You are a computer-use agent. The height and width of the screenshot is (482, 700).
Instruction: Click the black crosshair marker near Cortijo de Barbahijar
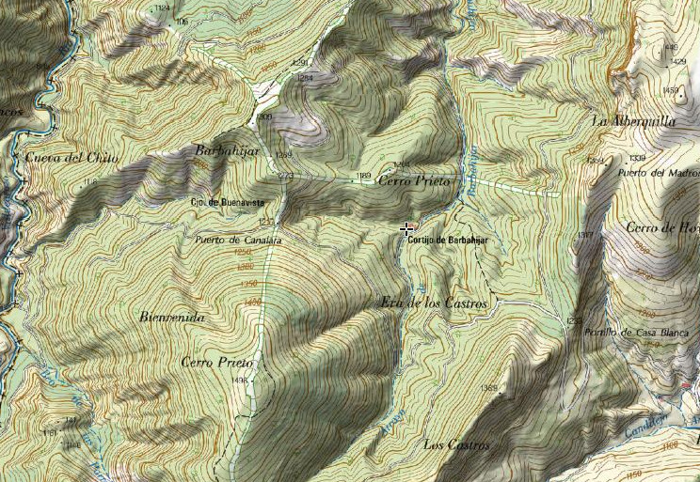[x=406, y=228]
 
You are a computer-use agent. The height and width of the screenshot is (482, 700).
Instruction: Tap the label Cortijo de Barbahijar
[x=451, y=241]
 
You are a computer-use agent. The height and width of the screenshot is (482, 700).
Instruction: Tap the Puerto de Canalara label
[x=238, y=240]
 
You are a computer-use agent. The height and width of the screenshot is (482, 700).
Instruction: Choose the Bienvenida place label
[x=171, y=318]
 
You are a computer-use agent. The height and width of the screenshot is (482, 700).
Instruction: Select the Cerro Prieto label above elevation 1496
[x=217, y=362]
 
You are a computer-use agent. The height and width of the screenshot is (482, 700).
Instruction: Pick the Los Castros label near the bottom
[x=458, y=443]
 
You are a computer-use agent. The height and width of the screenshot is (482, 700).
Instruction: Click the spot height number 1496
[x=238, y=380]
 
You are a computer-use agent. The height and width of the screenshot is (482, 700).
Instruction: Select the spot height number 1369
[x=488, y=387]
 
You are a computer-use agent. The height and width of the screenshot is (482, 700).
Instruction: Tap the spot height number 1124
[x=161, y=8]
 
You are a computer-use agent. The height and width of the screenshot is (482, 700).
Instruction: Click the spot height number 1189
[x=363, y=176]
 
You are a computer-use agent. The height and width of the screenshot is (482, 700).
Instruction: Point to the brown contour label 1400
[x=251, y=301]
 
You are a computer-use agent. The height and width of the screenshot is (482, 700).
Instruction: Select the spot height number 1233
[x=575, y=321]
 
